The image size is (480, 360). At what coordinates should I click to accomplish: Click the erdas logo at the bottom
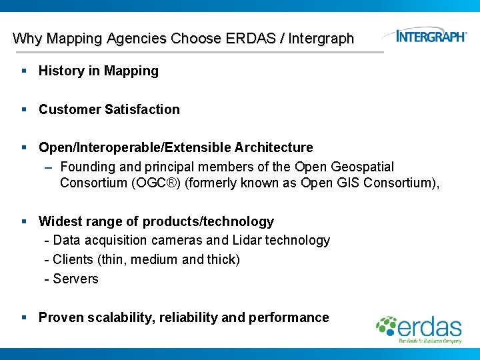[x=420, y=328]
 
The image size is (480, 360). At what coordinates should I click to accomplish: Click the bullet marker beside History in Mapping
[x=23, y=71]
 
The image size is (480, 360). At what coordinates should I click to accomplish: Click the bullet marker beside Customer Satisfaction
[x=23, y=109]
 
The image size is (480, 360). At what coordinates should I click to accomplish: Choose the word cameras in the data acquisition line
[x=177, y=240]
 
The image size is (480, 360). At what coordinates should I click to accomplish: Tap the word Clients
[x=73, y=259]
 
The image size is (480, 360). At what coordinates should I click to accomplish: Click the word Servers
[x=75, y=279]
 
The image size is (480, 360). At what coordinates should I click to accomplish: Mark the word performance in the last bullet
[x=289, y=317]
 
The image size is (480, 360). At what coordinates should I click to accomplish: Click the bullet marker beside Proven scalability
[x=23, y=317]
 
